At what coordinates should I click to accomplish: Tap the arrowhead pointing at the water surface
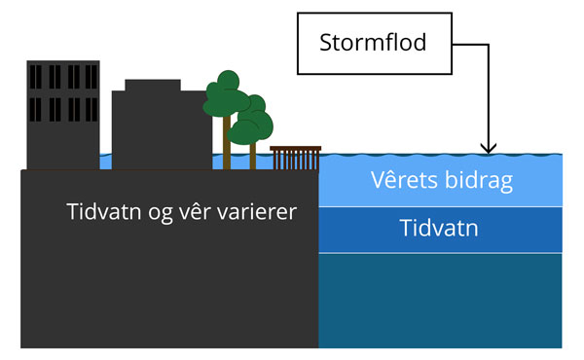[x=489, y=147]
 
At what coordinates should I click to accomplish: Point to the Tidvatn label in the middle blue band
[x=439, y=230]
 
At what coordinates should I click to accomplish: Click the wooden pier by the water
[x=295, y=157]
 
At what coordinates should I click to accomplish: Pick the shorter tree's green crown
[x=255, y=118]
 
